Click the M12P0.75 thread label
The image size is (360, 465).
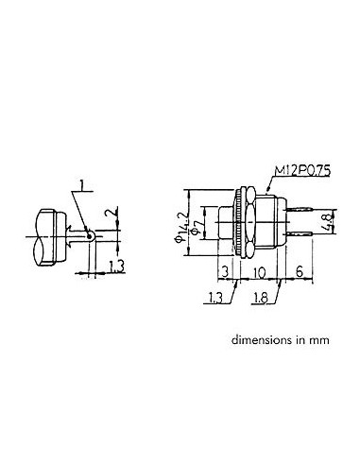tap(302, 171)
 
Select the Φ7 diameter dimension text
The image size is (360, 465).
tap(196, 227)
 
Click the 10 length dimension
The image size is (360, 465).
tap(259, 273)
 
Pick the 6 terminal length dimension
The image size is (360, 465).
tap(300, 271)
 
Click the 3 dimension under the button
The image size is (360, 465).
tap(225, 272)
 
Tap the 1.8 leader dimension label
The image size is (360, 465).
tap(261, 298)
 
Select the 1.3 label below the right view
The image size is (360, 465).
tap(215, 298)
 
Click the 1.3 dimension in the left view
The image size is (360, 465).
tap(117, 267)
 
